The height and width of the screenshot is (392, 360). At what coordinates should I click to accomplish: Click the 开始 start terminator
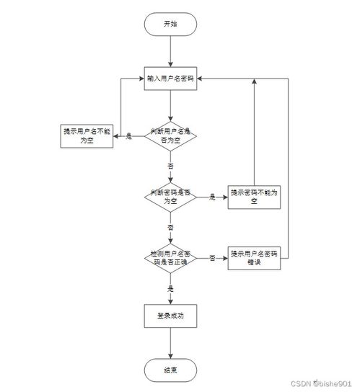(170, 24)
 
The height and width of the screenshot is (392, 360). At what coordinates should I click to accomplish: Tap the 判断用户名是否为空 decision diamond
(170, 135)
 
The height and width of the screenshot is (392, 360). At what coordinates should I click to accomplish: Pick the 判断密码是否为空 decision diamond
(170, 197)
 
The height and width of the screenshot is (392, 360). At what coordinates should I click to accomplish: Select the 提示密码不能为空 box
(253, 197)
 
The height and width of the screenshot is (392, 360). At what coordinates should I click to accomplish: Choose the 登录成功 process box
(170, 316)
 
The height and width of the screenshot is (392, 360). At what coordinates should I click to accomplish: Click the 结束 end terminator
(170, 369)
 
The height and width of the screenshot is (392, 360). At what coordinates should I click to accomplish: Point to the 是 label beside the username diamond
(129, 136)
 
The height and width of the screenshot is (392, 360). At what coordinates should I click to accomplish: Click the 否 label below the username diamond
(171, 166)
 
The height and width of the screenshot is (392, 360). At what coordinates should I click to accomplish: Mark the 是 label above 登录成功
(171, 288)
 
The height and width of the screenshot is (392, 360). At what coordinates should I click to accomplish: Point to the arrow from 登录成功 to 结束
(170, 342)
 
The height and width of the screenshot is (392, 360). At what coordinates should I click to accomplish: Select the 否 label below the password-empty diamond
(171, 227)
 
